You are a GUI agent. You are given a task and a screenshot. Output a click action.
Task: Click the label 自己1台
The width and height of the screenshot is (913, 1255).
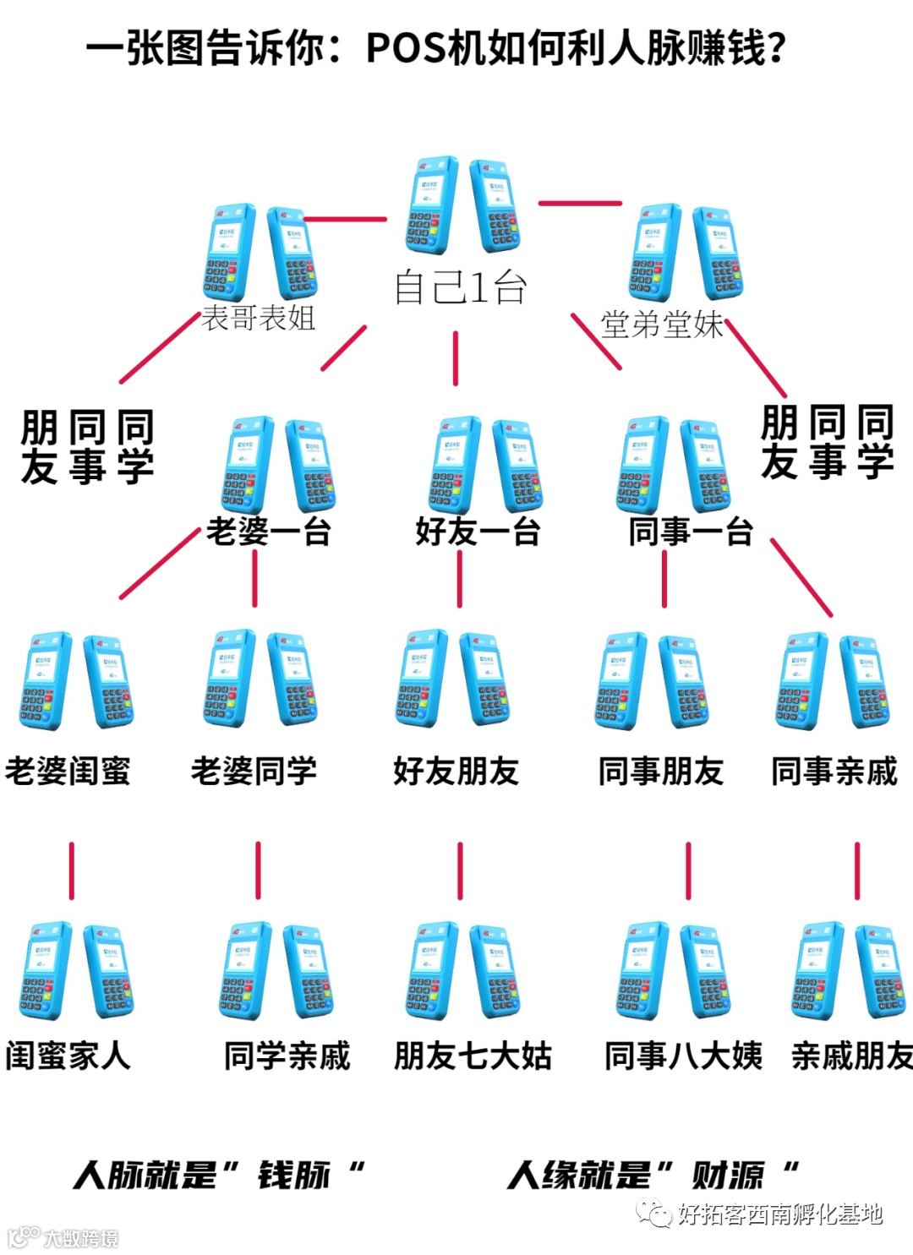(x=461, y=288)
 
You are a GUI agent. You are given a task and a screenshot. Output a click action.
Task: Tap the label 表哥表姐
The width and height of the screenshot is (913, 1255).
(x=259, y=319)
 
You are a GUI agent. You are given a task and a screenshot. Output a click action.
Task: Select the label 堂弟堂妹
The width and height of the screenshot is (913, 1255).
(x=662, y=325)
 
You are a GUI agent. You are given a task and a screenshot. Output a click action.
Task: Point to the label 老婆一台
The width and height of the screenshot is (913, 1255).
(x=268, y=532)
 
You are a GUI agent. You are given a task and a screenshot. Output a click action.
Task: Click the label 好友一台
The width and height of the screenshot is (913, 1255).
(x=478, y=532)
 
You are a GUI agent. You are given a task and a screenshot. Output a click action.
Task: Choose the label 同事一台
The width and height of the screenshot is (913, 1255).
(x=691, y=532)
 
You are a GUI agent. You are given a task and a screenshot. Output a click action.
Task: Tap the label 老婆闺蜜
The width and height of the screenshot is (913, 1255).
(x=68, y=771)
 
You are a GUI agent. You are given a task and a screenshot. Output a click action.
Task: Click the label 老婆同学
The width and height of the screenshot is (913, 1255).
(x=254, y=771)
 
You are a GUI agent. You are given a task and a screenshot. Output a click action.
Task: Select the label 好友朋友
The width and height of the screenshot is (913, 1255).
(x=456, y=771)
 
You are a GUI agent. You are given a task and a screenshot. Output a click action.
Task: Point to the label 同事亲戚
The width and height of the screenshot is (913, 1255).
(x=834, y=771)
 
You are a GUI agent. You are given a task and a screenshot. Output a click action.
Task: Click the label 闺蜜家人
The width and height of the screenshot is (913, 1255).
(x=68, y=1056)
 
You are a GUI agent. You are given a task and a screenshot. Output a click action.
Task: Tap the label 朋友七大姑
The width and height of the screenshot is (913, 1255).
(x=473, y=1056)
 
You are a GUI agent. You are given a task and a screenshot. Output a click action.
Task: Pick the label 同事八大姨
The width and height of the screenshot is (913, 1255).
(x=683, y=1056)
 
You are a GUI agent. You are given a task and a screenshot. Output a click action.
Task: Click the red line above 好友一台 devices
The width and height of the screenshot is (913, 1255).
(x=456, y=357)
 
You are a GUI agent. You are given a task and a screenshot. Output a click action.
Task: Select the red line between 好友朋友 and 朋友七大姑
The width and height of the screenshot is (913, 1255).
(x=460, y=870)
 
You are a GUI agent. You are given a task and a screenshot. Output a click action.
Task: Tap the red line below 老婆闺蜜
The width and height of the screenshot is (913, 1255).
(x=72, y=870)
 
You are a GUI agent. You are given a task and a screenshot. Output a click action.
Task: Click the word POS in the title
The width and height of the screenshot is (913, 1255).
(x=405, y=49)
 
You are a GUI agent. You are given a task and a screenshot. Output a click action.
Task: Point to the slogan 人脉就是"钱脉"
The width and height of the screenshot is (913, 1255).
(x=218, y=1175)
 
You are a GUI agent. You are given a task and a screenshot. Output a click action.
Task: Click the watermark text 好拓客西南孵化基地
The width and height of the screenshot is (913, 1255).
(x=779, y=1214)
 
